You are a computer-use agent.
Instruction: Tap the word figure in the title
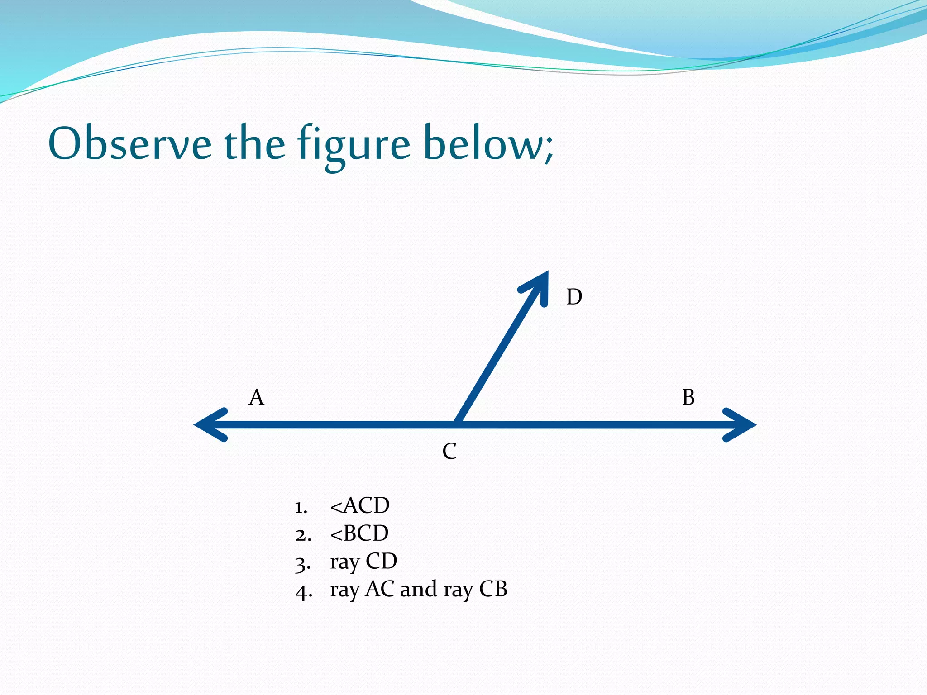click(354, 146)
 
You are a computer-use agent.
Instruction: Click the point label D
click(574, 297)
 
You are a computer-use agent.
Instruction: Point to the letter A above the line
click(256, 397)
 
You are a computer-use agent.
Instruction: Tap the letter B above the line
click(688, 397)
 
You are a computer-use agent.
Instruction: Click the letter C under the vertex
click(449, 451)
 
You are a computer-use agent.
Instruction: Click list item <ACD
click(360, 505)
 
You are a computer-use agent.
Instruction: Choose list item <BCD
click(359, 533)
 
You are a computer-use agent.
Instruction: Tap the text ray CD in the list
click(363, 562)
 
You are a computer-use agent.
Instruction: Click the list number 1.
click(301, 507)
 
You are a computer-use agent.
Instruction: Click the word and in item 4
click(419, 589)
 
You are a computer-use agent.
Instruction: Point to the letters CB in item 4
click(493, 589)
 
